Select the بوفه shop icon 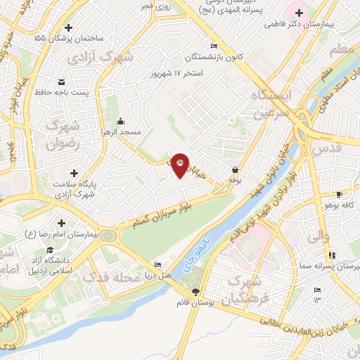pyautogui.click(x=235, y=169)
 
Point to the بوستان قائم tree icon pyautogui.click(x=195, y=292)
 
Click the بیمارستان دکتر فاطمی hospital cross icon pyautogui.click(x=300, y=13)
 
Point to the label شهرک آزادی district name pyautogui.click(x=107, y=57)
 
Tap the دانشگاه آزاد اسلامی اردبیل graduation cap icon pyautogui.click(x=50, y=250)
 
